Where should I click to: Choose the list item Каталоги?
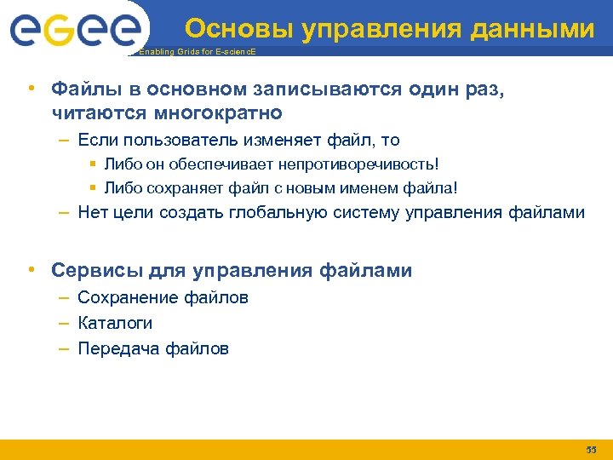pos(115,324)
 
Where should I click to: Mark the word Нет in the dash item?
pos(91,212)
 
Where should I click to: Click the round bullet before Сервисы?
pos(31,271)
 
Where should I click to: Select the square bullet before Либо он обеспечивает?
pos(93,164)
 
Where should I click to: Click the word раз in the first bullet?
pos(488,89)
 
